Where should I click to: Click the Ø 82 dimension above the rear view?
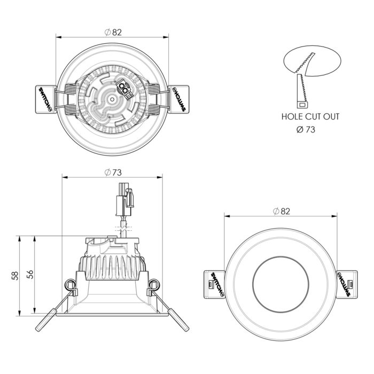pos(113,32)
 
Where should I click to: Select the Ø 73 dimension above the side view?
pos(113,172)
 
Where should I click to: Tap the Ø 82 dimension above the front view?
pos(280,212)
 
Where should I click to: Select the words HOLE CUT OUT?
pos(310,116)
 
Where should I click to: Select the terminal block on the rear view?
pos(124,88)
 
